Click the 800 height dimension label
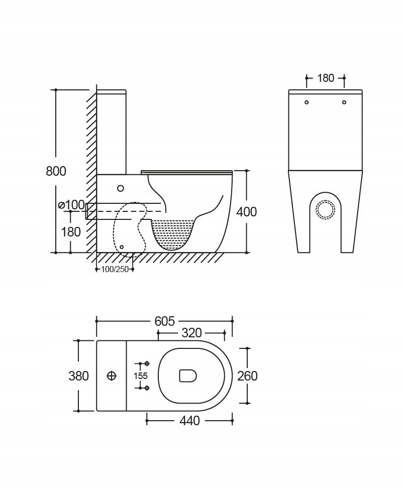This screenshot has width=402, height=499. tap(56, 171)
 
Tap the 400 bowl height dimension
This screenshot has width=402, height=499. tap(246, 212)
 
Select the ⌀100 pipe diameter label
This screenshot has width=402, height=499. tap(71, 205)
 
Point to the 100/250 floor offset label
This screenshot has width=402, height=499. tap(115, 269)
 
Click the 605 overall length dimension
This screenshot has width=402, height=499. tap(165, 321)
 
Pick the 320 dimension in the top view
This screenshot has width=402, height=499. tap(192, 333)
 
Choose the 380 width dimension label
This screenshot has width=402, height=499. tap(79, 376)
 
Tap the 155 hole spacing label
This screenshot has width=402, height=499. tap(141, 376)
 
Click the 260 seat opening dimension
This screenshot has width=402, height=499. tap(248, 376)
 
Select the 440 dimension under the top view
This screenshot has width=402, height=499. tap(190, 421)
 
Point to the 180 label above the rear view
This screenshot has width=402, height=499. tap(326, 78)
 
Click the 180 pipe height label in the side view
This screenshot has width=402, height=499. tap(71, 232)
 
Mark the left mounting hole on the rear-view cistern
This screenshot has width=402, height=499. tap(307, 102)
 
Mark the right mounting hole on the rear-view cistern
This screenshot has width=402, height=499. tap(344, 102)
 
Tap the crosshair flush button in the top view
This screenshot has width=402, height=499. tap(112, 376)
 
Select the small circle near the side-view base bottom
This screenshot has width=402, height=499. tap(122, 247)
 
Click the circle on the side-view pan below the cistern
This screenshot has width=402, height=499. tap(121, 188)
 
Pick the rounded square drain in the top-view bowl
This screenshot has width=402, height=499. tap(188, 376)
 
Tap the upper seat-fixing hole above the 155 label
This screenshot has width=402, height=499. tap(147, 363)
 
